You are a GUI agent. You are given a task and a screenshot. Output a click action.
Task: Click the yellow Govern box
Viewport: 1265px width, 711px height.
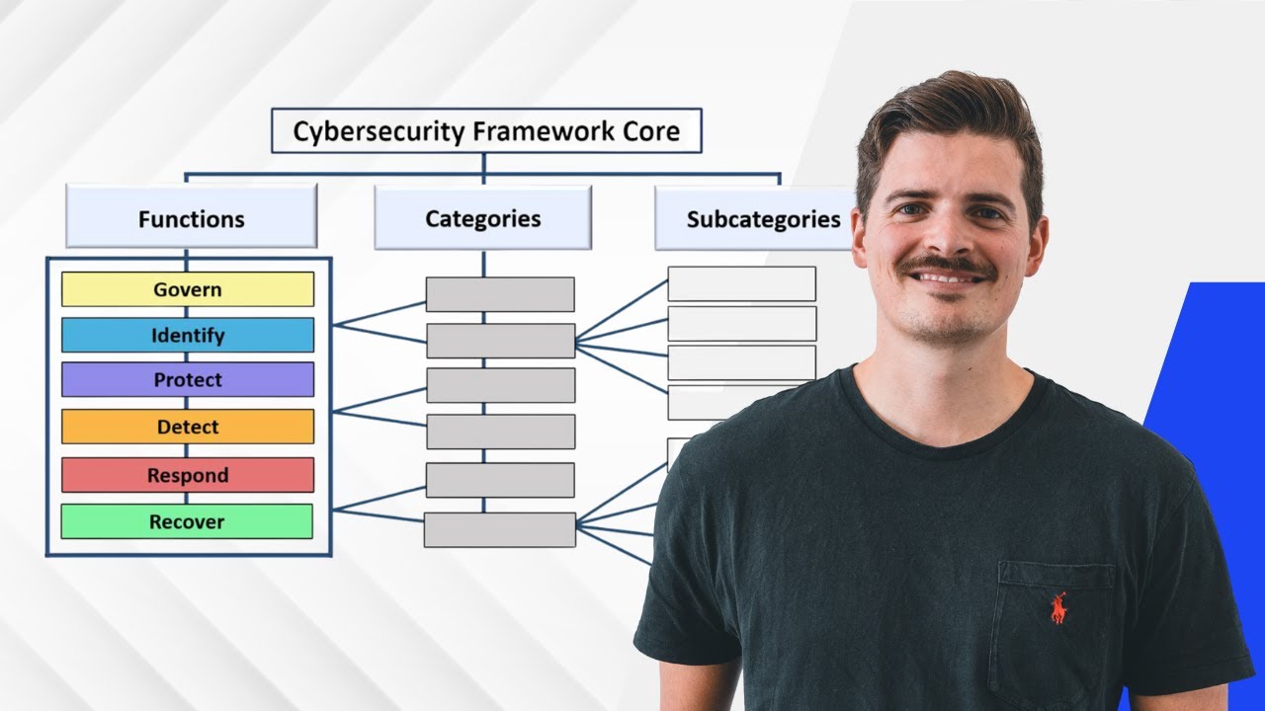click(188, 289)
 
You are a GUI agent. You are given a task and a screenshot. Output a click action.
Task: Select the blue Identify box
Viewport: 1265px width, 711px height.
click(188, 336)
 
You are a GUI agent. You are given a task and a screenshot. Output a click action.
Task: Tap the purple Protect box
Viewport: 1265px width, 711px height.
click(188, 380)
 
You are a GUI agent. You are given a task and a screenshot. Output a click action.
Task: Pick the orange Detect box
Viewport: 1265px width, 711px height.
click(188, 427)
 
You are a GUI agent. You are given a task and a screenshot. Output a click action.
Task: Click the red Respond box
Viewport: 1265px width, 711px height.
click(188, 475)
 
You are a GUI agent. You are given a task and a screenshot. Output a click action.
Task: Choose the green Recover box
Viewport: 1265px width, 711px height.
click(188, 521)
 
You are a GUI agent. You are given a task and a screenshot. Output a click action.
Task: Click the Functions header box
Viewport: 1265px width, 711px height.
click(192, 218)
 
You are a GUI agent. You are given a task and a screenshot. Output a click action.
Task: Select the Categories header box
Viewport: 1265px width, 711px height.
click(482, 218)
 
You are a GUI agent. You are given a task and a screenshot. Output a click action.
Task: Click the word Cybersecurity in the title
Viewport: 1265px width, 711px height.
click(379, 131)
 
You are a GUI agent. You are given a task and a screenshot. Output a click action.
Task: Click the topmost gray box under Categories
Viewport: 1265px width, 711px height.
click(500, 294)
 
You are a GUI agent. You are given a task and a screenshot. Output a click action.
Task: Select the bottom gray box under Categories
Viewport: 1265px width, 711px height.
click(500, 530)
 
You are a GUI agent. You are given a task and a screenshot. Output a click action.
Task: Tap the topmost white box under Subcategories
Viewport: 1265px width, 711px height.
click(741, 284)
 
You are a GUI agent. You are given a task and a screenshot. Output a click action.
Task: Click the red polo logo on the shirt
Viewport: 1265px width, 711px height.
click(1058, 607)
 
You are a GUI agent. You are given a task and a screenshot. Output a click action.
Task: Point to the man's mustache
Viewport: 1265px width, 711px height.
click(947, 265)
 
